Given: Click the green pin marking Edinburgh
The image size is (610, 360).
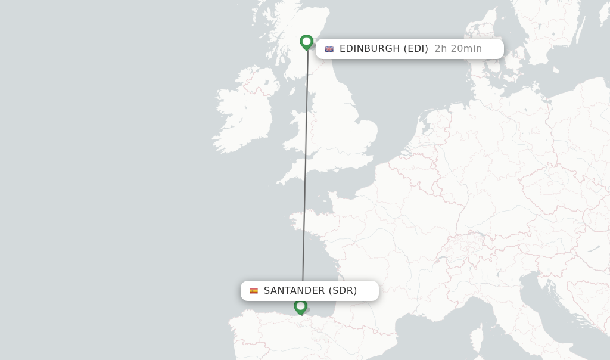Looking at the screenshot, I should [x=307, y=42].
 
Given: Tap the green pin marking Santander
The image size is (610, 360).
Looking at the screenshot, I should [x=301, y=306].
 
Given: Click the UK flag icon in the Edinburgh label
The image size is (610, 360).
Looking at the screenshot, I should [x=329, y=49].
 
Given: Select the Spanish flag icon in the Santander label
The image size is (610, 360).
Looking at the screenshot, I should [x=254, y=291].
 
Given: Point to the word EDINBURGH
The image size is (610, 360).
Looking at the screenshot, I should [x=369, y=49].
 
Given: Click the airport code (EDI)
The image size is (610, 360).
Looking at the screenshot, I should [x=416, y=49].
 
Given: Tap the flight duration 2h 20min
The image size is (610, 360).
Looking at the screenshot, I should [x=458, y=49].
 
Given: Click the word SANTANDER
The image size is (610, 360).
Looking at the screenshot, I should [x=294, y=291].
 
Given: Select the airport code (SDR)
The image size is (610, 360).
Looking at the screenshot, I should [x=343, y=291].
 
